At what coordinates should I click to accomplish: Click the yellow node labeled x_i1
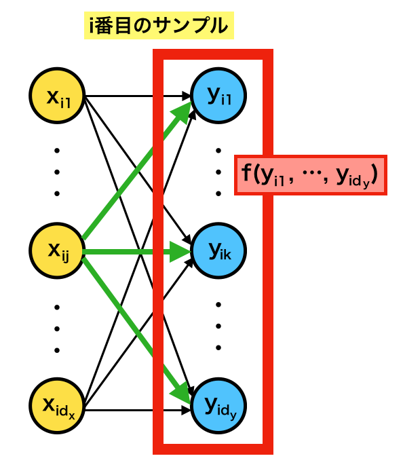click(57, 96)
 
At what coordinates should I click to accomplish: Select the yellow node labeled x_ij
click(57, 250)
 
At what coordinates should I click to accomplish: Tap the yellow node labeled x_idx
click(57, 406)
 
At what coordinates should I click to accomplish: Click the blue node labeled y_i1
click(218, 96)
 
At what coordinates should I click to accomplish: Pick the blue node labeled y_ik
click(218, 250)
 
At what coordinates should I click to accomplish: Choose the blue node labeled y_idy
click(218, 406)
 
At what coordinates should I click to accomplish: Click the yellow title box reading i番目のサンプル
click(159, 26)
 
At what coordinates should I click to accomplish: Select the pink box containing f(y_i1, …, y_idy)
click(311, 175)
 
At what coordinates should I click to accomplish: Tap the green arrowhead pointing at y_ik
click(180, 252)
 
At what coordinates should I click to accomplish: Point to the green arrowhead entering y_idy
click(181, 393)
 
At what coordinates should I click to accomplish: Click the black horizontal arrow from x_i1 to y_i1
click(138, 96)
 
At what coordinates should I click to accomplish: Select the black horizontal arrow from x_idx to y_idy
click(138, 410)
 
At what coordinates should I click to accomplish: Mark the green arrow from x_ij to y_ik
click(136, 252)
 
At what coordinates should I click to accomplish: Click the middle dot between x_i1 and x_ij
click(57, 172)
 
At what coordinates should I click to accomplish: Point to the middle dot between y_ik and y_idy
click(218, 326)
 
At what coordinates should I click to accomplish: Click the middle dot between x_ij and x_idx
click(57, 328)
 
